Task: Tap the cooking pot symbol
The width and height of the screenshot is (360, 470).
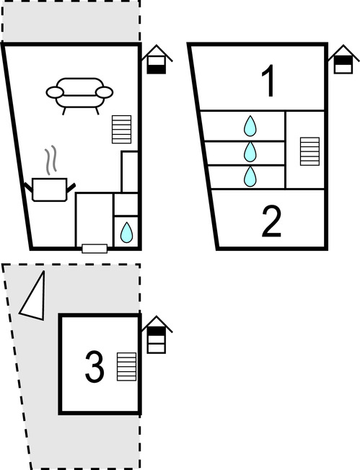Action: (x=50, y=190)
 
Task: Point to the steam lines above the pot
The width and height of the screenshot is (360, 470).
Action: (x=51, y=160)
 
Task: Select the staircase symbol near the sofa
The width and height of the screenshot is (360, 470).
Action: (x=121, y=129)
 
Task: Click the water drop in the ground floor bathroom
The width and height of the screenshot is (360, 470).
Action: (x=126, y=232)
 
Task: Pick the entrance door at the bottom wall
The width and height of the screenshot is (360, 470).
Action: (x=95, y=249)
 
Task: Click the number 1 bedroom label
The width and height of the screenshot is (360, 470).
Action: (x=268, y=81)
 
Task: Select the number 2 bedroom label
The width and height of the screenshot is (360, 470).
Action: (x=271, y=222)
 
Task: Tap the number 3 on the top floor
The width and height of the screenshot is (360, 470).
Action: (x=95, y=367)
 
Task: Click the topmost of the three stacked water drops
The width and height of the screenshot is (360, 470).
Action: (x=250, y=126)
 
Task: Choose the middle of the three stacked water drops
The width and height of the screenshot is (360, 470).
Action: (x=250, y=151)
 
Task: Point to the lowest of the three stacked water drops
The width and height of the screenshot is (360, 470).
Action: (x=250, y=177)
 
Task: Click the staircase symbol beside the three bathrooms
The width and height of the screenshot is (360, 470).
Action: (x=309, y=151)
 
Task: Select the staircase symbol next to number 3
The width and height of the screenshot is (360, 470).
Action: (x=126, y=367)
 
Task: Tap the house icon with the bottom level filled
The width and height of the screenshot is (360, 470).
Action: (x=157, y=60)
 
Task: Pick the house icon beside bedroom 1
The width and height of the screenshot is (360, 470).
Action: (x=343, y=59)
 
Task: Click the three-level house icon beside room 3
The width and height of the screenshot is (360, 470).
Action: (x=157, y=334)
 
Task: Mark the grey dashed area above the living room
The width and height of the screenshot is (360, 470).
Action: (x=71, y=20)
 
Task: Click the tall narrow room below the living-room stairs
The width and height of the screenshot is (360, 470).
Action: (x=130, y=172)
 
